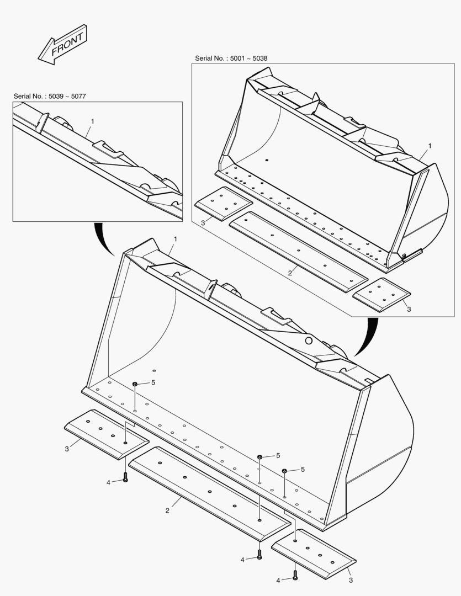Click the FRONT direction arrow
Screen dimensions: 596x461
coord(62,45)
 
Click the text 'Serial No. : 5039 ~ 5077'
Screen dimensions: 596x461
coord(50,97)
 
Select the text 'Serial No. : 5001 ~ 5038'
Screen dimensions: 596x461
coord(231,58)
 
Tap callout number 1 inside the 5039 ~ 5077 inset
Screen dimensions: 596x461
coord(92,121)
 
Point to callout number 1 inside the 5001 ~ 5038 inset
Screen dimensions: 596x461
coord(430,146)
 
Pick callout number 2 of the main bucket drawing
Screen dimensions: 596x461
coord(167,510)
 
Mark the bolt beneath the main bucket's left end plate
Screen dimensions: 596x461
coord(126,478)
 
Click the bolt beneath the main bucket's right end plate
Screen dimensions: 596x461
coord(295,576)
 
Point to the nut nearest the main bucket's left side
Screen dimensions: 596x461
coord(135,384)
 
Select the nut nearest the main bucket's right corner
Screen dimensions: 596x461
coord(284,471)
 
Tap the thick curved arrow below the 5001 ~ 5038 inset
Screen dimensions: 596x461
coord(367,337)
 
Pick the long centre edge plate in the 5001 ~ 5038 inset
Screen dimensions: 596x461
coord(298,251)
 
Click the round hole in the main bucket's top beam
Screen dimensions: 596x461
coord(309,341)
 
